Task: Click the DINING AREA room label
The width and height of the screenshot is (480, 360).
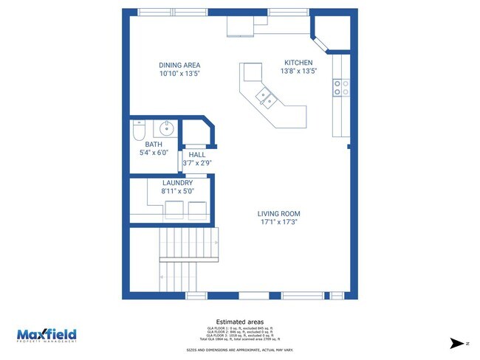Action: (179, 65)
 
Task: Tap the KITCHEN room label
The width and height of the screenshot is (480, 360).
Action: (298, 63)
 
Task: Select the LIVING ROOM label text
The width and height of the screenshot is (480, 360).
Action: (279, 214)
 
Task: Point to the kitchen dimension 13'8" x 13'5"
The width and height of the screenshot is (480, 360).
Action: (298, 72)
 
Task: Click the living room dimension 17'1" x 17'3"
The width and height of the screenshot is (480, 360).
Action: (279, 222)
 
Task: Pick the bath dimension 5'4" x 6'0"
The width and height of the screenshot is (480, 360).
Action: (153, 153)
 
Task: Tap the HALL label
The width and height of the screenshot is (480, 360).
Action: (197, 154)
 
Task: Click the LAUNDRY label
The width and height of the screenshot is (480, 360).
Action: (177, 183)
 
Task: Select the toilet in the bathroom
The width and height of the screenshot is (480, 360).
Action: (138, 131)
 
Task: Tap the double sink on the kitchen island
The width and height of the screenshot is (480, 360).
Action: (265, 96)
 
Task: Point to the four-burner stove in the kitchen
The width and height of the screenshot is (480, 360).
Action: (340, 88)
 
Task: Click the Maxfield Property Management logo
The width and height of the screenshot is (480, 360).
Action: (47, 335)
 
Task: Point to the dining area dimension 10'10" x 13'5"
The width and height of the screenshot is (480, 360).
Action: (179, 74)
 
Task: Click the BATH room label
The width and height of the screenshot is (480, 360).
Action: (153, 145)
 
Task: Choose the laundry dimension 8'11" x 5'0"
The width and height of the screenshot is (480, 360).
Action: (177, 191)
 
